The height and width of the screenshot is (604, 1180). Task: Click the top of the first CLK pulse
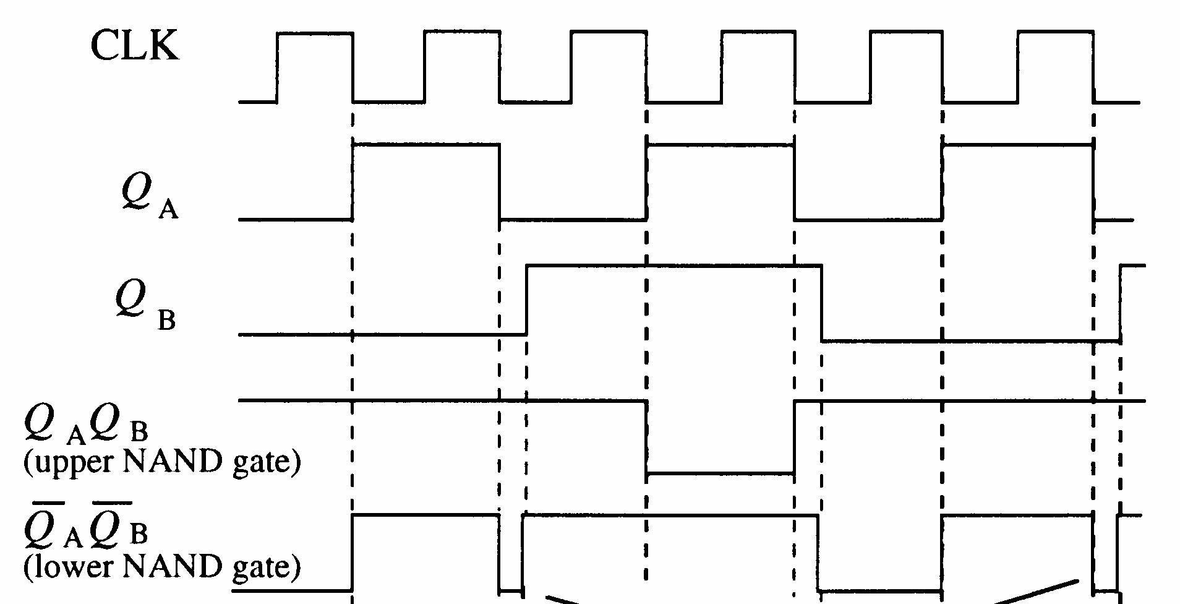pyautogui.click(x=315, y=33)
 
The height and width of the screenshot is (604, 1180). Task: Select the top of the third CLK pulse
pyautogui.click(x=609, y=33)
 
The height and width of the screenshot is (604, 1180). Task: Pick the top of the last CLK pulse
pyautogui.click(x=1055, y=33)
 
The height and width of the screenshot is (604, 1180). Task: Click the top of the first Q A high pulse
pyautogui.click(x=425, y=145)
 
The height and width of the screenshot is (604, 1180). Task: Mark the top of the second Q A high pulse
pyautogui.click(x=720, y=145)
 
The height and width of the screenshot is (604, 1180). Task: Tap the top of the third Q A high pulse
pyautogui.click(x=1017, y=145)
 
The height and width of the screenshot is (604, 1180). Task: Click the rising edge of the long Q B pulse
pyautogui.click(x=526, y=300)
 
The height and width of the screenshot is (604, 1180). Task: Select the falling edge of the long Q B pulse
pyautogui.click(x=822, y=303)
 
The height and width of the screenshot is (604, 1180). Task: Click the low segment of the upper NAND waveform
pyautogui.click(x=720, y=474)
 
